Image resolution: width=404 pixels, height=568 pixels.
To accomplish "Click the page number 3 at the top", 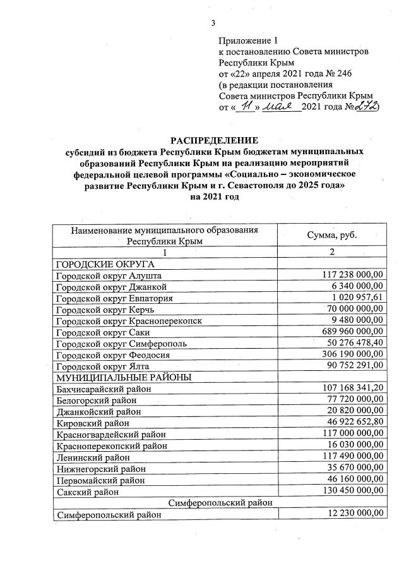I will click(213, 23).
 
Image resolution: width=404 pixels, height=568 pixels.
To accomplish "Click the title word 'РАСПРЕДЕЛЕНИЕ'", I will click(215, 140).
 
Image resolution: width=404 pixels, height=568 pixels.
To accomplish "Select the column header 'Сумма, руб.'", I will click(331, 235).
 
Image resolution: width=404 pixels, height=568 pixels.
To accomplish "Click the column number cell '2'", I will click(331, 252).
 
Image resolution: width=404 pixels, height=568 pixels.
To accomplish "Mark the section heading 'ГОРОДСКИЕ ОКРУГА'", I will click(105, 264).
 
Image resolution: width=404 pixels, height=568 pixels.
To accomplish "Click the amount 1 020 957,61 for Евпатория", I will click(353, 298).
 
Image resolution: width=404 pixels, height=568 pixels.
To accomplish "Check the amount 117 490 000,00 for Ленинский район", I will click(348, 456).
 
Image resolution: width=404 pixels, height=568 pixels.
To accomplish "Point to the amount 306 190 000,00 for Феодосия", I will click(348, 354).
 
